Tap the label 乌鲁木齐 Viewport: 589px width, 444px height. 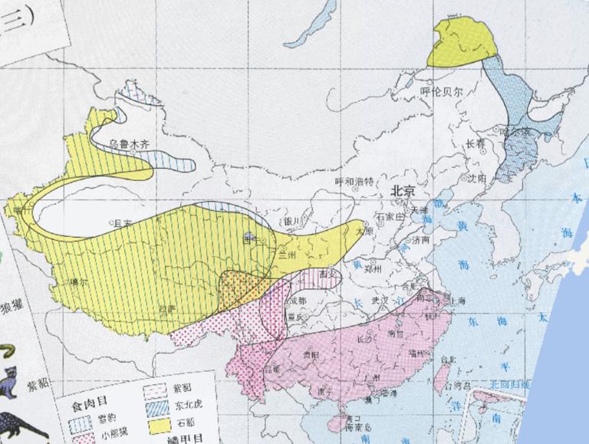click(126, 143)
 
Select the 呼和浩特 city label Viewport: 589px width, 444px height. click(354, 182)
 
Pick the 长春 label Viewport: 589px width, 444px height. click(475, 143)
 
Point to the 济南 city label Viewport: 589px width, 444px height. click(421, 238)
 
